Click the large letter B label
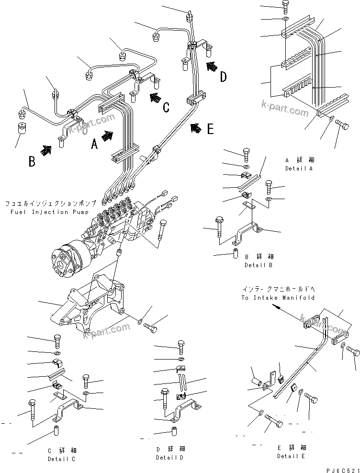click(31, 161)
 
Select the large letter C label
click(166, 107)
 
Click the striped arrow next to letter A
click(109, 135)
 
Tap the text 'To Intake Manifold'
click(278, 298)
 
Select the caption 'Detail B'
click(259, 265)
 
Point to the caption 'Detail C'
click(61, 459)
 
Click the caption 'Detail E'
click(291, 455)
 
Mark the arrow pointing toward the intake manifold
click(288, 314)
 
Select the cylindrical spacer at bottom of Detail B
click(236, 252)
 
